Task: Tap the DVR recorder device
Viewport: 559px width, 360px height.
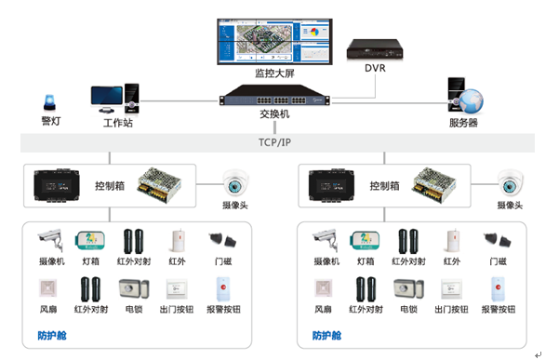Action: click(374, 47)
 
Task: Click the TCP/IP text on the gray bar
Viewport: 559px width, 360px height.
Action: click(276, 142)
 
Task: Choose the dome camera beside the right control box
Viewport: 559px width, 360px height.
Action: click(510, 181)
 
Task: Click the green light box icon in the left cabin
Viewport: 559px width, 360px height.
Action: click(90, 241)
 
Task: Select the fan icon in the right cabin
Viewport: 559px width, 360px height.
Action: click(323, 289)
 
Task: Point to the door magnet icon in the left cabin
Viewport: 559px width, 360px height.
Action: click(221, 239)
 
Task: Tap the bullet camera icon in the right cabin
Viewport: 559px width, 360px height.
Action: click(325, 240)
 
